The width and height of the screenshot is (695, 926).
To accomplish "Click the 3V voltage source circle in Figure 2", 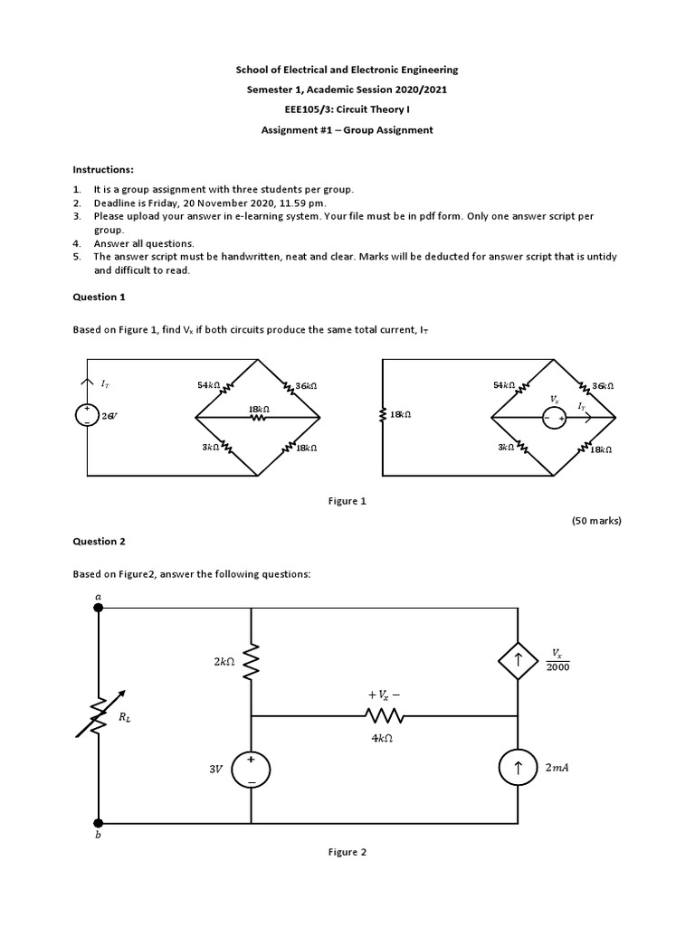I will click(251, 770).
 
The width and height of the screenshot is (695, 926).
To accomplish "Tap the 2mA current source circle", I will click(518, 770).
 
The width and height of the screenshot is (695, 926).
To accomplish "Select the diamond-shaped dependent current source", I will click(518, 661).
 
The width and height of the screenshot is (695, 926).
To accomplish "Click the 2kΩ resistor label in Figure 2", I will click(224, 662).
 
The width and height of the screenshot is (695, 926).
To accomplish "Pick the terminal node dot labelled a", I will click(98, 608).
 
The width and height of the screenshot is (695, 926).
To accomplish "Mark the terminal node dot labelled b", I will click(98, 823).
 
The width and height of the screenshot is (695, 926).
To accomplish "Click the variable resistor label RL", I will click(125, 718).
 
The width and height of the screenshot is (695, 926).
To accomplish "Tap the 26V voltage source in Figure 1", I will click(88, 415).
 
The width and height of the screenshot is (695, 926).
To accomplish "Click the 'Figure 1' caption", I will click(347, 500).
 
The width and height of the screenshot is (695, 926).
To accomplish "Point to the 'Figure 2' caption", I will click(347, 852).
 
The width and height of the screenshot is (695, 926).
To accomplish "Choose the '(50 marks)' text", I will click(596, 521).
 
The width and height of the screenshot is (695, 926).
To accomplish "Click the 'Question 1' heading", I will click(95, 297).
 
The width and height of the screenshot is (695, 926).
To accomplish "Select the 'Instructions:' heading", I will click(103, 170).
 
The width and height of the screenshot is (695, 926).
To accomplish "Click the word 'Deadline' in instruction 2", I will click(113, 203).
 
